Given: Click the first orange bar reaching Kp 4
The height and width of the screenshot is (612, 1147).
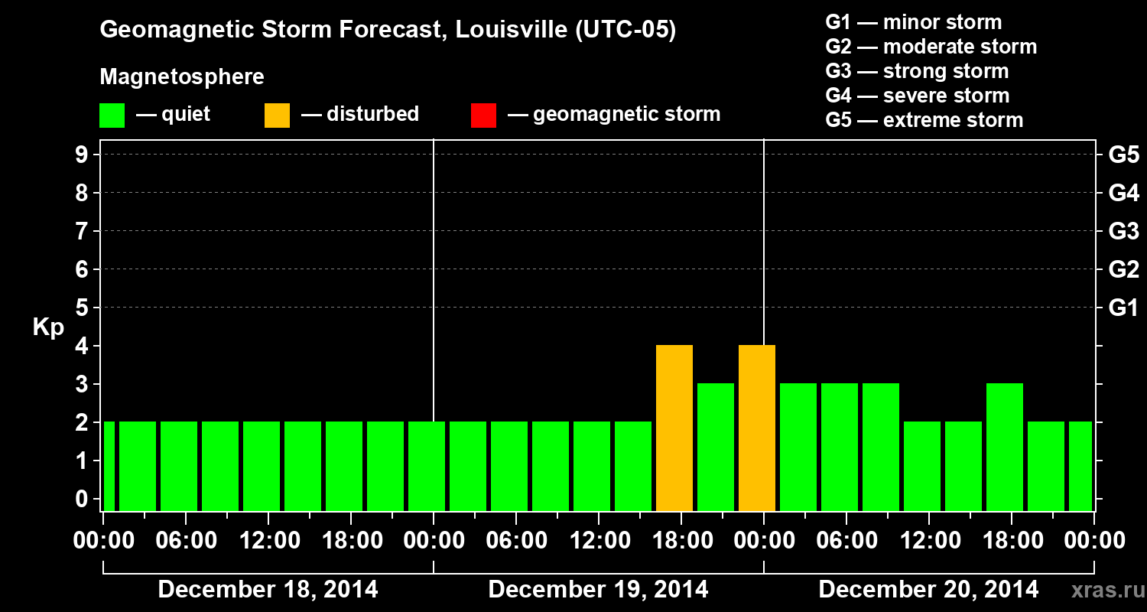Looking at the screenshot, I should pyautogui.click(x=674, y=428).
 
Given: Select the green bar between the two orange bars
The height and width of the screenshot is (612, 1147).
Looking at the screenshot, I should pyautogui.click(x=716, y=448).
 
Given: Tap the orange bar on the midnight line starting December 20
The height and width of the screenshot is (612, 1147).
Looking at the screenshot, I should pyautogui.click(x=757, y=428).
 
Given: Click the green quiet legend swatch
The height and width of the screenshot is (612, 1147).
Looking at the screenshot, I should pyautogui.click(x=112, y=116).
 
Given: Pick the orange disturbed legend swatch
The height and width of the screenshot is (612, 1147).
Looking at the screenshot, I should pyautogui.click(x=277, y=116).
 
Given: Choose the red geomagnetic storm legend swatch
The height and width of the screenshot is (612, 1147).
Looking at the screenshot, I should pyautogui.click(x=483, y=116).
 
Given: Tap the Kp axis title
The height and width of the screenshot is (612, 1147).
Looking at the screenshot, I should pyautogui.click(x=48, y=327).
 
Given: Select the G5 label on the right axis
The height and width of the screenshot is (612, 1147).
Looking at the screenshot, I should pyautogui.click(x=1123, y=155).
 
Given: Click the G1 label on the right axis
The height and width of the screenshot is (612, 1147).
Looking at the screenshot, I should pyautogui.click(x=1123, y=308).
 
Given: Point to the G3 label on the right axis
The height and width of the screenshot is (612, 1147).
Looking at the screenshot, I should pyautogui.click(x=1123, y=232).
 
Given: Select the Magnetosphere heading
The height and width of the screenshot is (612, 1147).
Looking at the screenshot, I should pyautogui.click(x=182, y=77).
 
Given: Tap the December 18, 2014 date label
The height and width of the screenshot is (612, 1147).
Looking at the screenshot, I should pyautogui.click(x=268, y=590).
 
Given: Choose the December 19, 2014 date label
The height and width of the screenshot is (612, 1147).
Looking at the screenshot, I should pyautogui.click(x=598, y=590).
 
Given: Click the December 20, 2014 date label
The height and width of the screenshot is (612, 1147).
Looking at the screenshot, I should pyautogui.click(x=928, y=590).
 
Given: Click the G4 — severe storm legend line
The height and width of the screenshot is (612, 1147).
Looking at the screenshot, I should pyautogui.click(x=918, y=96).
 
